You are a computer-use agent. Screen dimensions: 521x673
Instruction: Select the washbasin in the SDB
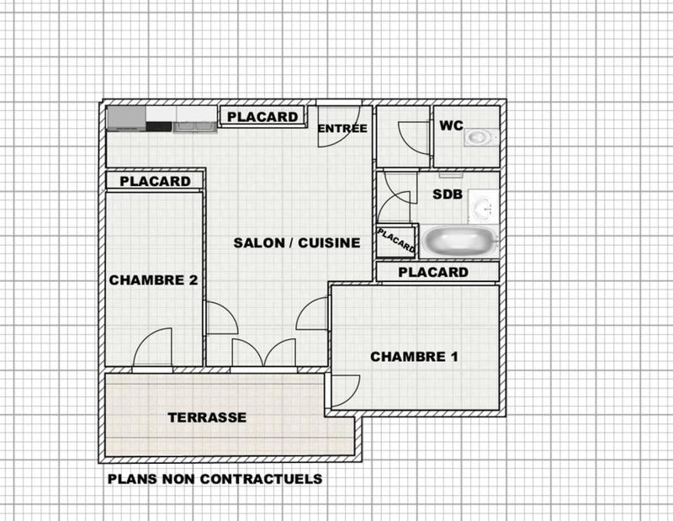coord(483,205)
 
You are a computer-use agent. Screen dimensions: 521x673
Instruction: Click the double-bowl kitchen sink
coord(194,126)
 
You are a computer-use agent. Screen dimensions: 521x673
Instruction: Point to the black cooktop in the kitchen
coord(159,127)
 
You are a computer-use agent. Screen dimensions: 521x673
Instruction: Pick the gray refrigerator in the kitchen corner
coord(125,118)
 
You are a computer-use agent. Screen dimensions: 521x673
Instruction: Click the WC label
coord(451,125)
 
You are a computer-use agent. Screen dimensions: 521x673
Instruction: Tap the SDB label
coord(448,194)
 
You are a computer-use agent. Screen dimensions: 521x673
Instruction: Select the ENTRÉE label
coord(342,129)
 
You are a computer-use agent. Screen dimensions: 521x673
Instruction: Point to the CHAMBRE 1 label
coord(414,356)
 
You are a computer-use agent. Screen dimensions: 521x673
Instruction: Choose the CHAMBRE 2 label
coord(153,280)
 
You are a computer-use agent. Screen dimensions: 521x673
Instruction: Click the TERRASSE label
coord(207,417)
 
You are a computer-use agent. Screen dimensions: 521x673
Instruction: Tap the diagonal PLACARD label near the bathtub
coord(396,241)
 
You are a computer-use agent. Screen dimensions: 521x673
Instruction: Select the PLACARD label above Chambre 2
coord(155,181)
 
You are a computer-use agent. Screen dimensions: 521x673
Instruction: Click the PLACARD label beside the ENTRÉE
coord(263,117)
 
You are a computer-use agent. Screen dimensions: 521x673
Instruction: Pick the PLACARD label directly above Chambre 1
coord(432,272)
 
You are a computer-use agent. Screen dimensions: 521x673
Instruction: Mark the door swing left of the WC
coord(412,135)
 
